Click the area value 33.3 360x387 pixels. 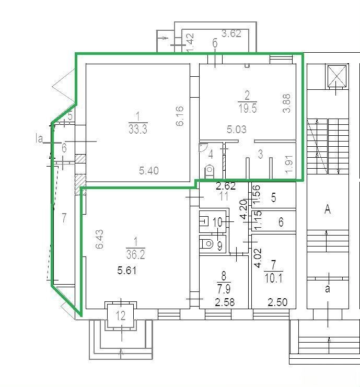click(138, 129)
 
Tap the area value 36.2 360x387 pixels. click(135, 254)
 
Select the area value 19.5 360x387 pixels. click(248, 108)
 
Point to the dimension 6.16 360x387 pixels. click(180, 116)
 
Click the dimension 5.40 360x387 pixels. click(148, 171)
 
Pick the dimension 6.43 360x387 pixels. click(99, 239)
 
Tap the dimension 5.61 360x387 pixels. click(126, 271)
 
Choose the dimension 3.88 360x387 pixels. click(286, 103)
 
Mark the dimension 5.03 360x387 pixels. click(237, 130)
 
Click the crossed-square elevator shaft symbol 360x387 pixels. click(337, 76)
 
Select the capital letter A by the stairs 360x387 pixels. click(328, 209)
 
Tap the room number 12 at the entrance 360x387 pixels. click(121, 315)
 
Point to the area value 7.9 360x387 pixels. click(224, 288)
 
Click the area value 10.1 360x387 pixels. click(273, 278)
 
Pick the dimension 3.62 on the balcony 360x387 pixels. click(231, 33)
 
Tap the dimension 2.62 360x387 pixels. click(226, 186)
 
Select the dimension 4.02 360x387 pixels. click(258, 258)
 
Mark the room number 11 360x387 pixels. click(224, 196)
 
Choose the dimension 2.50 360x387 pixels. click(277, 302)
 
